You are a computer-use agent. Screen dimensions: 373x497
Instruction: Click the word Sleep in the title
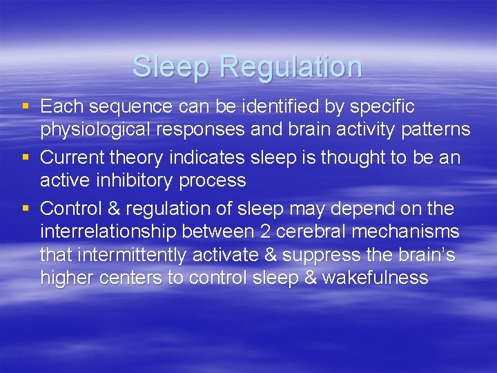coord(173,67)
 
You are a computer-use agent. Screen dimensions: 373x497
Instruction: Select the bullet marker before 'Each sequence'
coord(26,106)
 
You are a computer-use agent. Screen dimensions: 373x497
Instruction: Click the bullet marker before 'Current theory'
coord(26,158)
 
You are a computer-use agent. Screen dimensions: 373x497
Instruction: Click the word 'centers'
coord(133,278)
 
